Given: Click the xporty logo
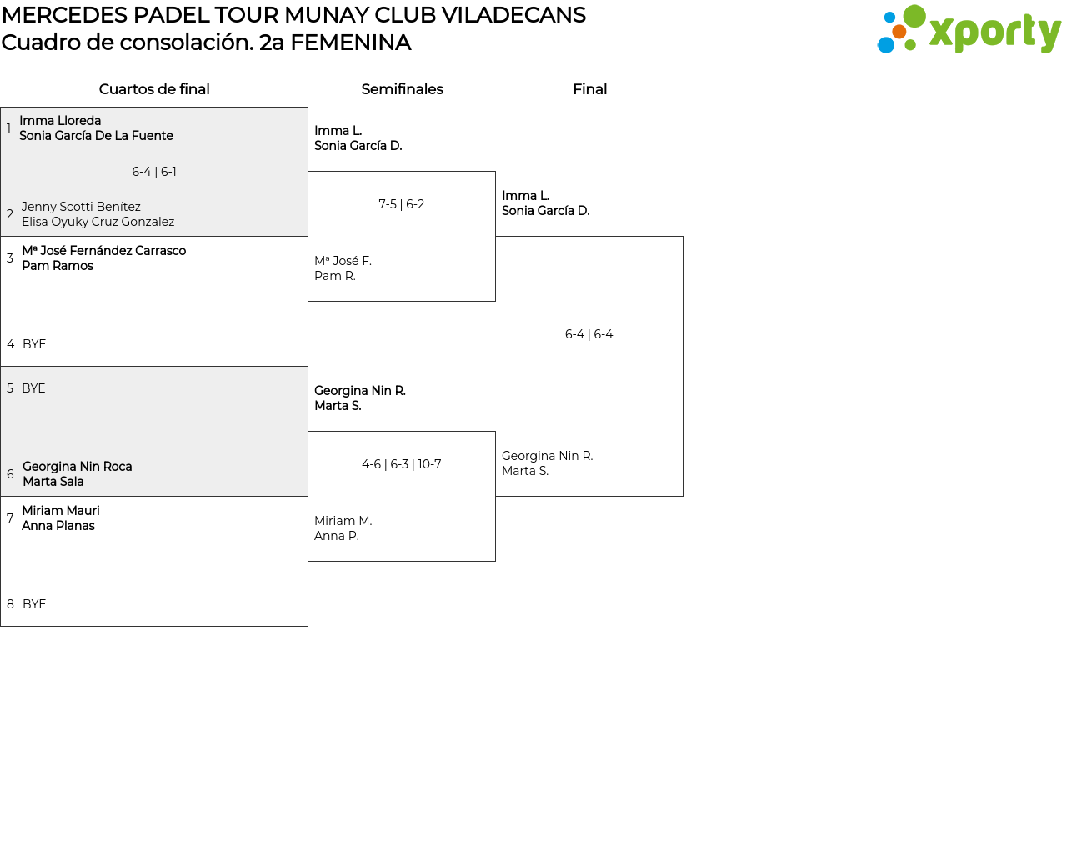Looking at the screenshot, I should coord(969,30).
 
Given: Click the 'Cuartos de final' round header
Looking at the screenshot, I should coord(154,89).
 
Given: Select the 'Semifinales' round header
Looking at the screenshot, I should coord(402,89).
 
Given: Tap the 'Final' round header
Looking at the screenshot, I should coord(589,89).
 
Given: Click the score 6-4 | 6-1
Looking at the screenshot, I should coord(154,172).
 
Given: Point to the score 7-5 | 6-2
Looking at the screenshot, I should coord(402,204).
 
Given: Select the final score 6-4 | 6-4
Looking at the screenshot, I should coord(589,334).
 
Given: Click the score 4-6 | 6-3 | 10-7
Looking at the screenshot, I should coord(402,464).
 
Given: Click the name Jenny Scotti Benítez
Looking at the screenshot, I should coord(81,207).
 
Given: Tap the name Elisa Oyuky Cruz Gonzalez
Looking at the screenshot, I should coord(98,222).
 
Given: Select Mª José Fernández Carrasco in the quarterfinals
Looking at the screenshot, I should coord(103,251).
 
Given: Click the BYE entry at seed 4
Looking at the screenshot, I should coord(34,344).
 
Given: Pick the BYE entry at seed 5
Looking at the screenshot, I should coord(33,388).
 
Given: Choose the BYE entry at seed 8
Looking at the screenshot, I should coord(34,604).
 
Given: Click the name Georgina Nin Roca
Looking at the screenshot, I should coord(77,467).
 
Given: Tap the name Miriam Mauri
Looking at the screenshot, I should coord(60,511).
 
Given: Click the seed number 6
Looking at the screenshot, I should coord(10,474).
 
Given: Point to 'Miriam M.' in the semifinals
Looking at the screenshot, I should coord(343,521).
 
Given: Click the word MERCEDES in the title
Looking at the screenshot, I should coord(64,15).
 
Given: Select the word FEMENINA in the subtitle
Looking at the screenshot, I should coord(350,43).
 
